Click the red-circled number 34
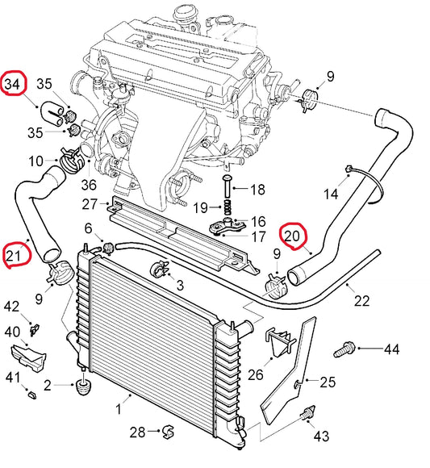tap(13, 84)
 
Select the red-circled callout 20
tap(292, 236)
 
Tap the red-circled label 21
tap(14, 256)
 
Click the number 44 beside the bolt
tap(391, 349)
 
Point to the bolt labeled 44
tap(344, 350)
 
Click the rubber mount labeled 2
tap(83, 387)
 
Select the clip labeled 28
tap(169, 432)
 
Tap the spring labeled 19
tap(228, 207)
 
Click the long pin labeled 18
tap(227, 186)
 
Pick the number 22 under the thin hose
tap(361, 301)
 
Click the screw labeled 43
tap(307, 413)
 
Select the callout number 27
tap(90, 204)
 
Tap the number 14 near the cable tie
tap(332, 194)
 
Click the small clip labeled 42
tap(35, 329)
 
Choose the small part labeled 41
tap(31, 395)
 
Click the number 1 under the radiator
tap(119, 409)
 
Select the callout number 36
tap(89, 185)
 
